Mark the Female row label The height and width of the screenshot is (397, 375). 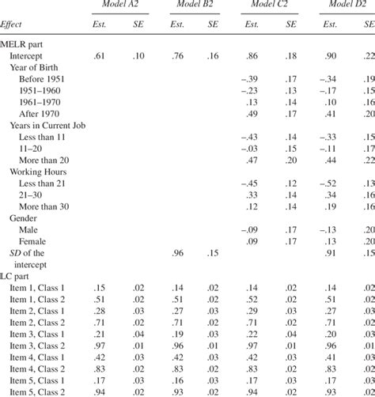click(37, 240)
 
